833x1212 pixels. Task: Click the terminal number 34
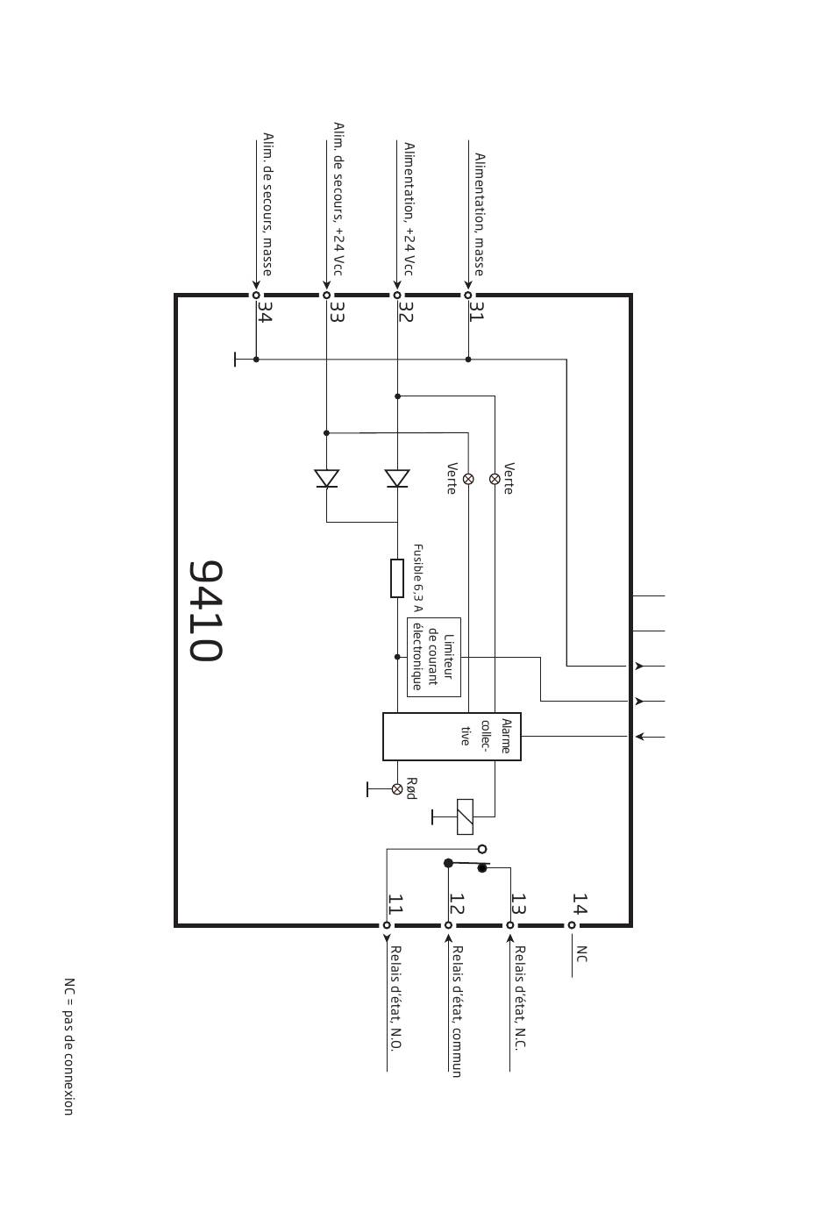tap(265, 311)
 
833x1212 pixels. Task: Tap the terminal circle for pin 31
tap(468, 296)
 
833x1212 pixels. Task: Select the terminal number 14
tap(580, 903)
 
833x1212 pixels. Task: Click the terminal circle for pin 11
tap(387, 926)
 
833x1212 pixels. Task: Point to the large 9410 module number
tap(205, 610)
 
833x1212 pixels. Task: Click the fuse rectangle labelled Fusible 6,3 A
tap(397, 579)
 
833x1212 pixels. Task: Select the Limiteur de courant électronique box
tap(434, 657)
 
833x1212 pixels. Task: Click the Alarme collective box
tap(452, 737)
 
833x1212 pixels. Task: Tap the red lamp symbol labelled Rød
tap(397, 789)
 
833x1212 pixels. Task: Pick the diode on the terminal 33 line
tap(327, 479)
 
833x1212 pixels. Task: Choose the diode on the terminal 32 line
tap(397, 479)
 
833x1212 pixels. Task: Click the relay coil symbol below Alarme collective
tap(466, 817)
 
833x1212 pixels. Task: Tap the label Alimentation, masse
tap(480, 215)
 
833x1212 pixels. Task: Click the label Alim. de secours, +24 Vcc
tap(338, 199)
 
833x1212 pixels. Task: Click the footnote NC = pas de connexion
tap(69, 1046)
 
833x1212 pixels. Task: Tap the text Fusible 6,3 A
tap(418, 578)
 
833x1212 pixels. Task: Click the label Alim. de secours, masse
tap(267, 204)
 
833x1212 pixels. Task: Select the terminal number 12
tap(457, 903)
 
